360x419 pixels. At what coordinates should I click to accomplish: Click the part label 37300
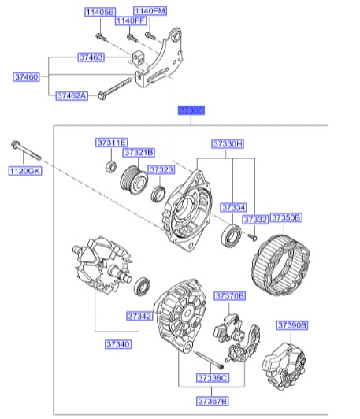(191, 111)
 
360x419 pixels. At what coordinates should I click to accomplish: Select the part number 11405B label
(100, 12)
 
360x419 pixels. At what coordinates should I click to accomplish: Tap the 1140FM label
(150, 12)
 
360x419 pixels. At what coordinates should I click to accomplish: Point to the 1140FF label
(132, 21)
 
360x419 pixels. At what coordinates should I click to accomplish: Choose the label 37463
(92, 57)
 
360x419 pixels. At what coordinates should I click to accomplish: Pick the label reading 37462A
(72, 95)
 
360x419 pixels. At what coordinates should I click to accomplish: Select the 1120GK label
(24, 171)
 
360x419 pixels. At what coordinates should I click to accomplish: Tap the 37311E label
(111, 143)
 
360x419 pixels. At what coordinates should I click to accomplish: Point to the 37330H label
(228, 144)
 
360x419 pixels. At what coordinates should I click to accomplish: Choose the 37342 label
(140, 316)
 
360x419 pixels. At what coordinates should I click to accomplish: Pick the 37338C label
(212, 379)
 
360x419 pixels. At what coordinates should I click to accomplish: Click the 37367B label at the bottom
(212, 402)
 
